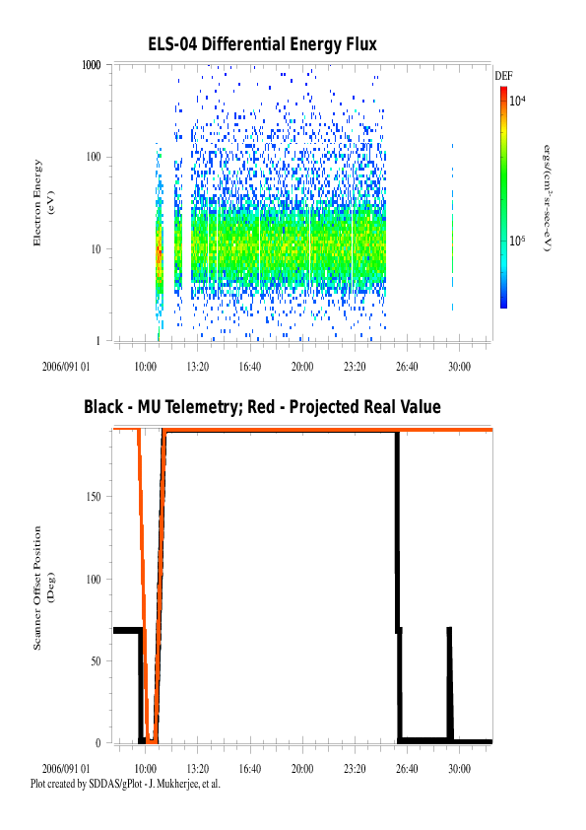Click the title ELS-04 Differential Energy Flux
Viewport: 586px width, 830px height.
tap(262, 44)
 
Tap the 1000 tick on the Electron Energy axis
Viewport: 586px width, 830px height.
tap(91, 65)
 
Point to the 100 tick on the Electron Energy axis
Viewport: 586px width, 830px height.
tap(94, 157)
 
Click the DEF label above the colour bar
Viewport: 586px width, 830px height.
tap(503, 76)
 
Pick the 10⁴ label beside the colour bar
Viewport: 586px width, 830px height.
tap(517, 100)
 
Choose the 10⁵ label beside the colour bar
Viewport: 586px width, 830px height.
tap(517, 241)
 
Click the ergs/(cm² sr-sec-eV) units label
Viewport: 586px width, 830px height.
tap(548, 198)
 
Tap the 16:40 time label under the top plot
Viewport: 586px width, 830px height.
tap(249, 367)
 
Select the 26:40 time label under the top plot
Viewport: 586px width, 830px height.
tap(407, 367)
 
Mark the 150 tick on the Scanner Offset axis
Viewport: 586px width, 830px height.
tap(94, 497)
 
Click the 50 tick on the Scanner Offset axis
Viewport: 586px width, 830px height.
tap(96, 661)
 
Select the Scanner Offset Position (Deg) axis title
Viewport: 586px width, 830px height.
tap(42, 588)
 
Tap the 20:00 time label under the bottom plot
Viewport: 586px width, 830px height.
tap(302, 769)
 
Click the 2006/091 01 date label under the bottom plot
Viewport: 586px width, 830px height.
tap(66, 769)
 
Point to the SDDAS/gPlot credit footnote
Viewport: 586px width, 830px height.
tap(125, 784)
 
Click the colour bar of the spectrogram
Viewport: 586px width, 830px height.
tap(503, 197)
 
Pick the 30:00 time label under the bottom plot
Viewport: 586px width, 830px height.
tap(459, 769)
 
